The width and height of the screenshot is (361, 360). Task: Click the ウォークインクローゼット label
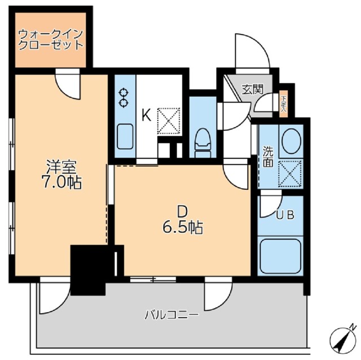click(51, 38)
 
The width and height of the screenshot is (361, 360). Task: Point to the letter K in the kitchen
click(145, 115)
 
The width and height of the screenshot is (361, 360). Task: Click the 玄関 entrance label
click(253, 88)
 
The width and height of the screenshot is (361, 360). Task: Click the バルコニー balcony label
click(170, 314)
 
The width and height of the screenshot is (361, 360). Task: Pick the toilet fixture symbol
click(201, 141)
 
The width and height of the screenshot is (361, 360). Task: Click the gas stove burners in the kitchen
click(124, 96)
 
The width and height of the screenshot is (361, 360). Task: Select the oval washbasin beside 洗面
click(291, 141)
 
